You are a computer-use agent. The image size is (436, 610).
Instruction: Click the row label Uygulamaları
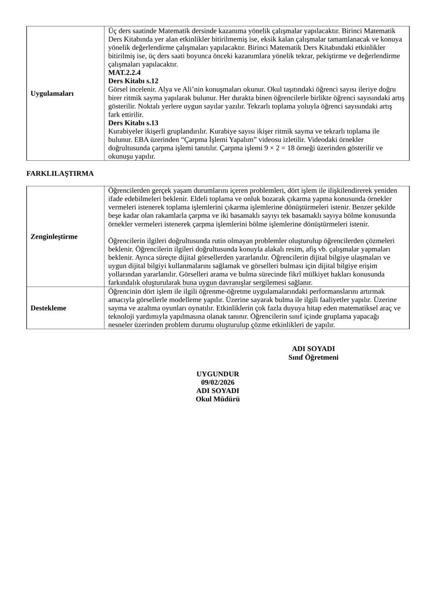tap(52, 93)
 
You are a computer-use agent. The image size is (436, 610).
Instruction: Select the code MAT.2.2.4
tap(125, 73)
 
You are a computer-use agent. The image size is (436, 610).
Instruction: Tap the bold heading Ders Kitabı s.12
tap(133, 81)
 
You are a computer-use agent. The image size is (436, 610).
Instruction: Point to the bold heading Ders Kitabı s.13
tap(133, 123)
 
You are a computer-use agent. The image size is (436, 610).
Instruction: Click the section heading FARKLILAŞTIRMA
tap(60, 173)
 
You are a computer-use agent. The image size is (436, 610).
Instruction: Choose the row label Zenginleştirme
tap(54, 237)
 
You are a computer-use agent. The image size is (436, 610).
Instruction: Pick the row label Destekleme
tap(48, 308)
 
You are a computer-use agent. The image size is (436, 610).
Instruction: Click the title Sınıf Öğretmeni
tap(313, 357)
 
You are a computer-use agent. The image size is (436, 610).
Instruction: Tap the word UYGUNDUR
tap(218, 374)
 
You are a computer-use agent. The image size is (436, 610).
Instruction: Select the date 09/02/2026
tap(218, 382)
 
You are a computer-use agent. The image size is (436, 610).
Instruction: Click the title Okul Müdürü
tap(218, 399)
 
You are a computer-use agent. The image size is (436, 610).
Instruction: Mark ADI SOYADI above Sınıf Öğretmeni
tap(313, 349)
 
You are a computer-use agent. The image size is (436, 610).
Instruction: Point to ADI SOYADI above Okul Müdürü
tap(218, 391)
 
